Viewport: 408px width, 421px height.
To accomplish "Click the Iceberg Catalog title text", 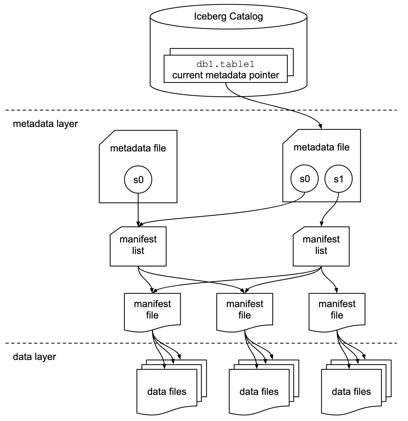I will [228, 16].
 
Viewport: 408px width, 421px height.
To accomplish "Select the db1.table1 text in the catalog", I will [225, 64].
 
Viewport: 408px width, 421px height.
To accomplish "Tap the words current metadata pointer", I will [225, 75].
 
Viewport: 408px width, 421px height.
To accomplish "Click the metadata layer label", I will [45, 124].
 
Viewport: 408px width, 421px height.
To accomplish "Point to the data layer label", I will [34, 357].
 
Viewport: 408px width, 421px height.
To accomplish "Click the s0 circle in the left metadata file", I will [138, 180].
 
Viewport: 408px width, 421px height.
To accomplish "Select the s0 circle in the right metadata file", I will [305, 179].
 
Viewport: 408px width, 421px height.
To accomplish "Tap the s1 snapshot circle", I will [338, 179].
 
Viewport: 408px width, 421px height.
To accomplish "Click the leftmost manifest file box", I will [152, 310].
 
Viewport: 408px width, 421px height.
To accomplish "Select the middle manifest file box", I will [245, 310].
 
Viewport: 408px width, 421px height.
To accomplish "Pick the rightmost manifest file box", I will [337, 310].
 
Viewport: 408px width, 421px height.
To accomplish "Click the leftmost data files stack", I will [167, 392].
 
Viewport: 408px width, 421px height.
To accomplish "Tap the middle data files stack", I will [259, 392].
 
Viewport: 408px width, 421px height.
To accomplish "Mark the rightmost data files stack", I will [351, 392].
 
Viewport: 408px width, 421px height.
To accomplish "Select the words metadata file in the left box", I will [138, 148].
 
